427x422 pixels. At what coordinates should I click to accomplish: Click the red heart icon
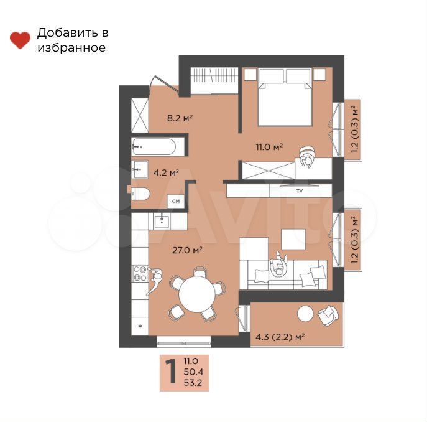20,40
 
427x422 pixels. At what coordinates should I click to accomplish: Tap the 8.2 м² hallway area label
180,118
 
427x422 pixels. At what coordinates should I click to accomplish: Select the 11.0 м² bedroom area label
269,147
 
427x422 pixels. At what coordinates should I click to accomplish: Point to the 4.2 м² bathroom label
166,172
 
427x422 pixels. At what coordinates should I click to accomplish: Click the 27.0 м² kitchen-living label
187,250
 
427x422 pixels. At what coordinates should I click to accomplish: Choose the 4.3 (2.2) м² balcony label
280,337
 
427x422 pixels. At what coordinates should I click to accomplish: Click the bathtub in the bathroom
154,146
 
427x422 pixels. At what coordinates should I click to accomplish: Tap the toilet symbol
140,194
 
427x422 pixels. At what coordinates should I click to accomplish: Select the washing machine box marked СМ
176,201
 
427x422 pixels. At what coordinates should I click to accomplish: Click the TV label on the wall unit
300,191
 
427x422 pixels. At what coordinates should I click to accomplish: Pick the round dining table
197,294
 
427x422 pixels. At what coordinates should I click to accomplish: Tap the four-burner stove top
140,274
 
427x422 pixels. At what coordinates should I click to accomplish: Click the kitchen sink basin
162,221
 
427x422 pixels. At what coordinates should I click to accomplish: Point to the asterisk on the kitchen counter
140,326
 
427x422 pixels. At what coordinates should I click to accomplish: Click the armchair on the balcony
328,316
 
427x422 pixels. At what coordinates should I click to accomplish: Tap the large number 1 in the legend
172,372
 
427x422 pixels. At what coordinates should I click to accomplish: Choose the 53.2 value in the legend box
193,382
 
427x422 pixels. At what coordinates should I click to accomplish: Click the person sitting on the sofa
278,265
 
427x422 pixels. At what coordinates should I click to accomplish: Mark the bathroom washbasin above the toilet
140,169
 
